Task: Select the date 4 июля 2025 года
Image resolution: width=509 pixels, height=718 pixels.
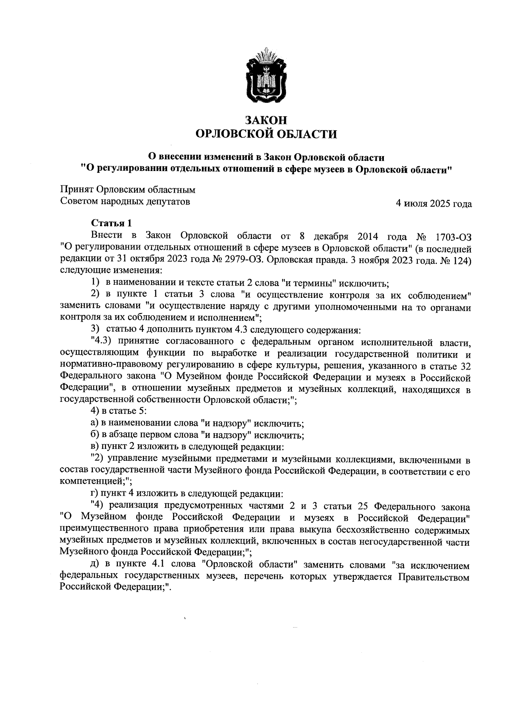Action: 433,204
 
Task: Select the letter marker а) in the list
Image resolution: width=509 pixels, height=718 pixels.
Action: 95,423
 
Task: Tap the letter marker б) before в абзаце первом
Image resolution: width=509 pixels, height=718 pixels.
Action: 95,435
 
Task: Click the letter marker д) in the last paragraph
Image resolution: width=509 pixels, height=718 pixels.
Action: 95,565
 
